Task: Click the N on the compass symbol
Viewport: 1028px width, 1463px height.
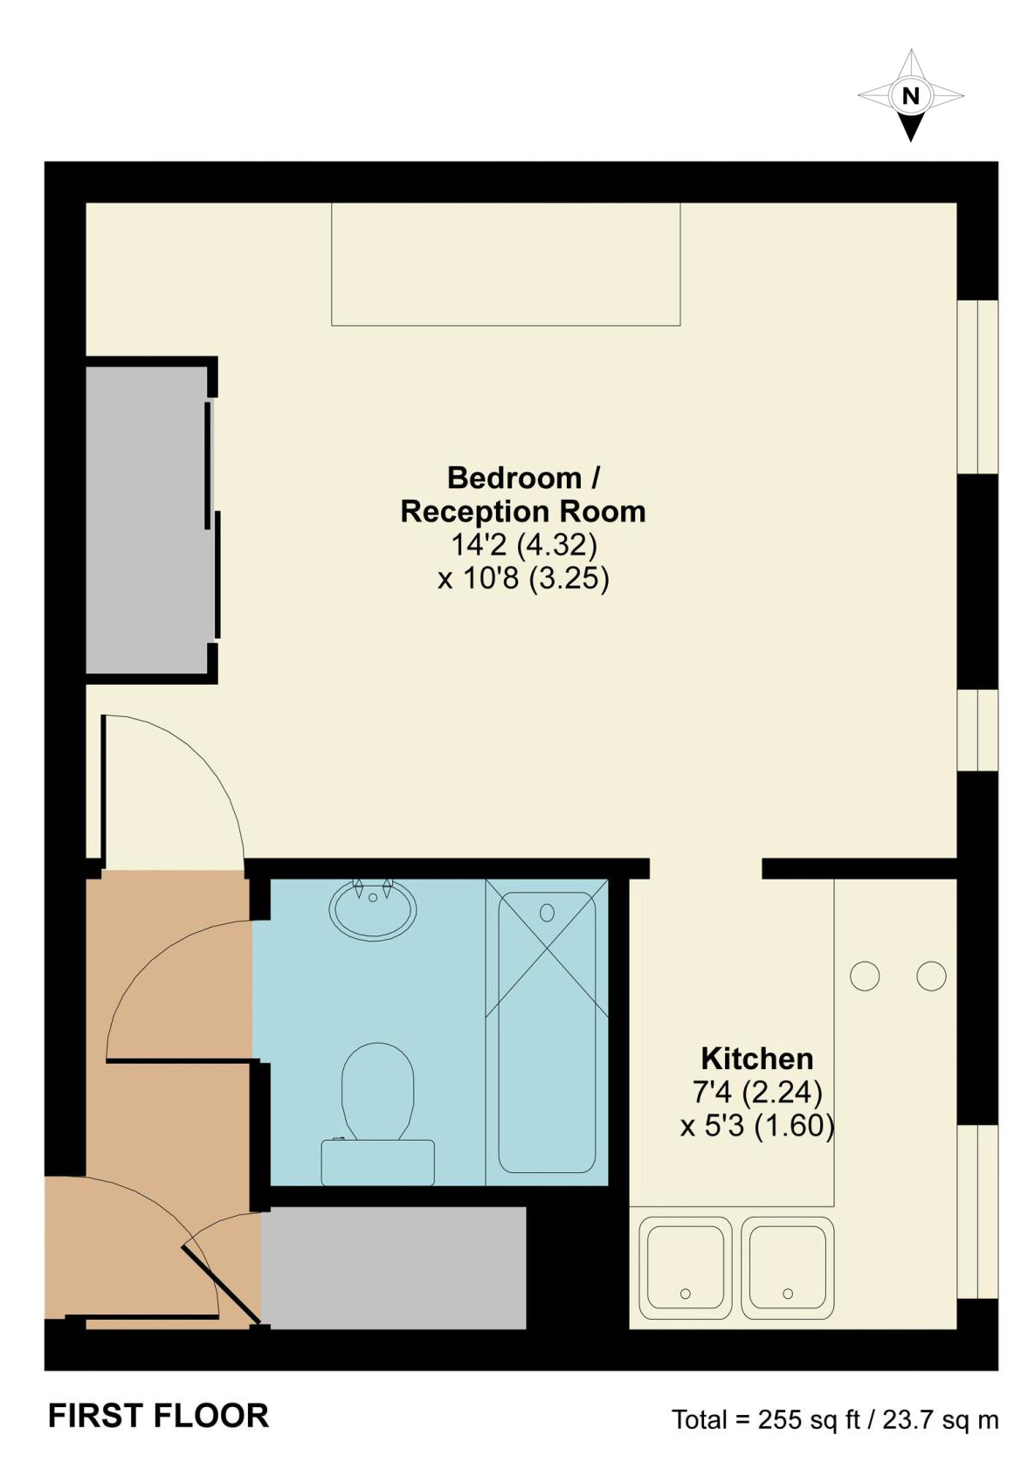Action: coord(910,96)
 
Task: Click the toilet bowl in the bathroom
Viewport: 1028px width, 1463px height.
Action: coord(377,1087)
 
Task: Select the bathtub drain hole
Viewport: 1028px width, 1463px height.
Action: coord(547,913)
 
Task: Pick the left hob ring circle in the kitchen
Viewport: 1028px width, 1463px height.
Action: coord(864,976)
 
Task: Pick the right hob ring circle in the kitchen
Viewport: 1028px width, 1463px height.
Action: coord(931,976)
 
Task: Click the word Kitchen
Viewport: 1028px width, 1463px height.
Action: coord(756,1059)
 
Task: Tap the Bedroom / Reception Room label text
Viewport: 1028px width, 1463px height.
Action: coord(522,494)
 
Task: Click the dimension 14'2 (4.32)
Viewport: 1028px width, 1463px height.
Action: coord(523,545)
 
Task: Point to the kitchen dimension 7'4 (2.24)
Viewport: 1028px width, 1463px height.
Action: coord(756,1092)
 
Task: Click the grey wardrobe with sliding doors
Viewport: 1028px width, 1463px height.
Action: coord(146,520)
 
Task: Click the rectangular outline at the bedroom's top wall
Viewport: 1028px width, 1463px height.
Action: coord(505,264)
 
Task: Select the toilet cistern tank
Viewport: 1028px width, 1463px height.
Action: coord(377,1162)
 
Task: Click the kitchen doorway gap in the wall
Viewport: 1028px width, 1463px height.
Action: coord(705,868)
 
